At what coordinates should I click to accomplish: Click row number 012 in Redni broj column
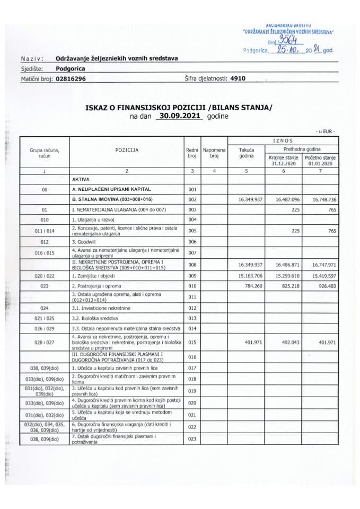coord(192,308)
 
